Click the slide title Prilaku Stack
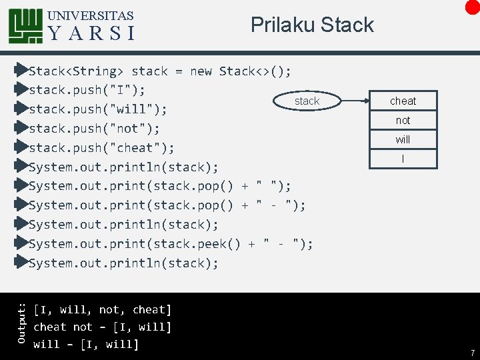pos(312,25)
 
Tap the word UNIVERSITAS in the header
pos(91,15)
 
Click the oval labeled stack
pos(307,101)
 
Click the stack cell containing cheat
pos(403,101)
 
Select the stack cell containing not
pos(403,120)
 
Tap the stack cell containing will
pos(403,139)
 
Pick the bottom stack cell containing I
pos(403,158)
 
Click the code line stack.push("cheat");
pos(101,147)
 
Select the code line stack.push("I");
pos(87,89)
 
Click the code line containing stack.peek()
pos(171,244)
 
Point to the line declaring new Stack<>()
pos(160,71)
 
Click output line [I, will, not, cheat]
pos(103,310)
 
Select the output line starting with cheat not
pos(103,327)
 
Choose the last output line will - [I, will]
pos(86,345)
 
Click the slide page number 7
pos(472,351)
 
